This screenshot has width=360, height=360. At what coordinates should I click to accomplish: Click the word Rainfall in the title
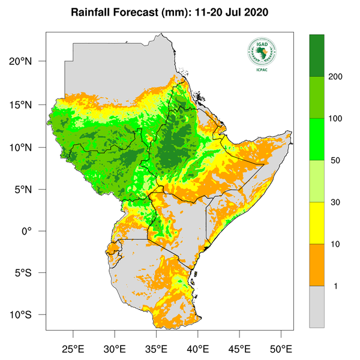(x=94, y=13)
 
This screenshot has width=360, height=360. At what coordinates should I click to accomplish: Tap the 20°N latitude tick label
(x=28, y=62)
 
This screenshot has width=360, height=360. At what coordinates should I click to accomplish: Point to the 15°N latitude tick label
(x=28, y=104)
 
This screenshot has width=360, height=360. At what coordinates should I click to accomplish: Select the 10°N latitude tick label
(x=28, y=147)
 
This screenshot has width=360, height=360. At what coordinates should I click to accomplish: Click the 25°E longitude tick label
(x=73, y=349)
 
